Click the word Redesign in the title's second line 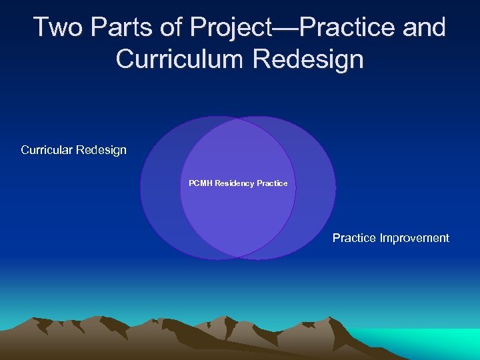[x=309, y=59]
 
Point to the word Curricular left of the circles [x=47, y=150]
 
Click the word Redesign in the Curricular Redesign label [x=101, y=150]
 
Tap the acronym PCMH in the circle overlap [x=200, y=183]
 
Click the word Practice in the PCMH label [x=273, y=183]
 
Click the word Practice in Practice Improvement [x=355, y=238]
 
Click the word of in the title [x=175, y=27]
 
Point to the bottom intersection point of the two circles [x=238, y=256]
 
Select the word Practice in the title [x=352, y=27]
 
